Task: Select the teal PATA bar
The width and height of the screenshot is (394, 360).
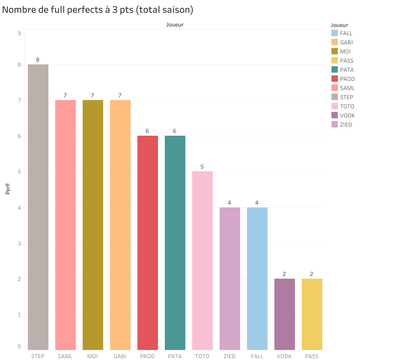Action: click(175, 243)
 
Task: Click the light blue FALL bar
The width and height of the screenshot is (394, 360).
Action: click(257, 278)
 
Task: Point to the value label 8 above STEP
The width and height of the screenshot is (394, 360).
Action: click(38, 60)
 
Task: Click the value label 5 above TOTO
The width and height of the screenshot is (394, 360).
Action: click(202, 167)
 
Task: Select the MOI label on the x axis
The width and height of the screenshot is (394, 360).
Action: click(93, 356)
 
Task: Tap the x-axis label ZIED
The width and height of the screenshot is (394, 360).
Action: click(230, 356)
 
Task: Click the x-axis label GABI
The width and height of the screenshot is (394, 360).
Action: click(120, 356)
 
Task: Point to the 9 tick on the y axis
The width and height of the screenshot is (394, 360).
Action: click(19, 33)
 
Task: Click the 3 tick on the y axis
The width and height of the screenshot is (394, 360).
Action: click(19, 243)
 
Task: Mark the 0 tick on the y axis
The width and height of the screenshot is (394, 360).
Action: click(19, 346)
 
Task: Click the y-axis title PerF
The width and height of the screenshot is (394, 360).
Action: click(8, 189)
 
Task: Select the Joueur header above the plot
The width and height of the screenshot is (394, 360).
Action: click(174, 25)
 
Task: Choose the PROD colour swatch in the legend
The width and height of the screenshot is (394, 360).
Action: click(335, 79)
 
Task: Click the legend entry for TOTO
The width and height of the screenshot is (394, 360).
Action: click(347, 106)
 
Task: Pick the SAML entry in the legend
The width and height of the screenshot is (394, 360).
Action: click(347, 88)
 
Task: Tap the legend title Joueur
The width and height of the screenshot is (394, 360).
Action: click(339, 25)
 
